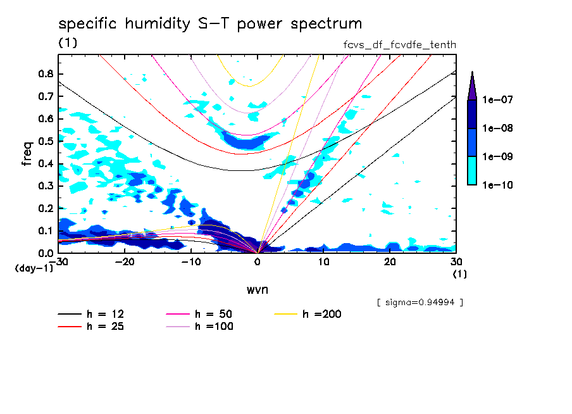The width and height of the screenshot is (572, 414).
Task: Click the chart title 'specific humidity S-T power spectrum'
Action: [210, 25]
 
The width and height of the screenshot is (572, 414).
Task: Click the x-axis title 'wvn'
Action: [257, 289]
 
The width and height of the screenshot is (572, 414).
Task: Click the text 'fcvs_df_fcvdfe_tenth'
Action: [399, 44]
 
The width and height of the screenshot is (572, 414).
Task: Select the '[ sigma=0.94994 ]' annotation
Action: [420, 302]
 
